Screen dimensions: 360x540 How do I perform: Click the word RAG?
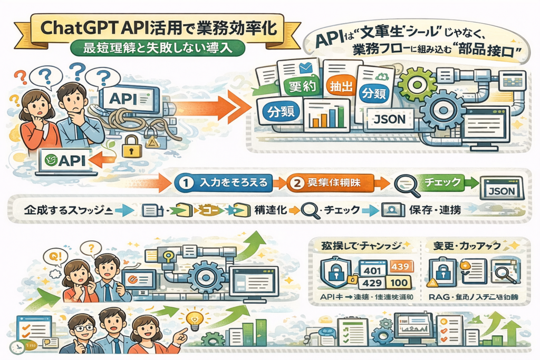437,298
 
